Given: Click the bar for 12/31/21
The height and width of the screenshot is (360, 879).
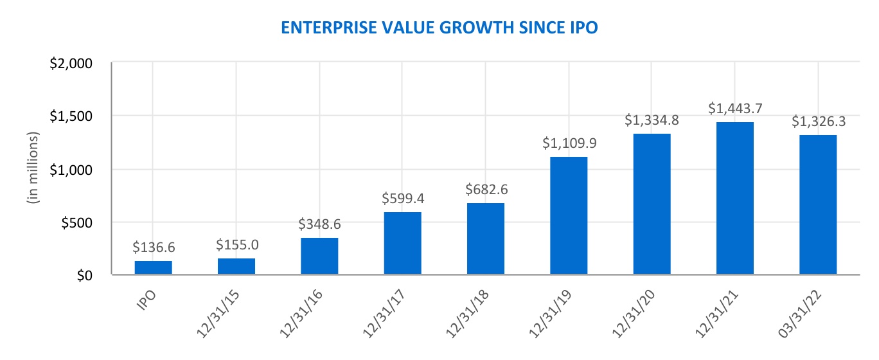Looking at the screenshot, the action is pyautogui.click(x=734, y=198).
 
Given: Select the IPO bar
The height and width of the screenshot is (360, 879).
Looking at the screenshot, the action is pyautogui.click(x=154, y=267).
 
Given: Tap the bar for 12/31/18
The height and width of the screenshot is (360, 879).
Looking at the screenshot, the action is pyautogui.click(x=485, y=239).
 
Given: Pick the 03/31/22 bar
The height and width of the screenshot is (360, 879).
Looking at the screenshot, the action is pyautogui.click(x=818, y=204).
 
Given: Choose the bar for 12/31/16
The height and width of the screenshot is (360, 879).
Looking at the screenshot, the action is pyautogui.click(x=319, y=256).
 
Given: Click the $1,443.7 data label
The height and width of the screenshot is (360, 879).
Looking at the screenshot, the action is pyautogui.click(x=735, y=109).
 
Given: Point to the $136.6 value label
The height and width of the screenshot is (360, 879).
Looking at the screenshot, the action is pyautogui.click(x=154, y=248).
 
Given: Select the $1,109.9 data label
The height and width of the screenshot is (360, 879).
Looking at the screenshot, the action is pyautogui.click(x=569, y=143).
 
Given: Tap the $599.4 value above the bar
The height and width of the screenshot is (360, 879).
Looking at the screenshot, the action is pyautogui.click(x=403, y=199).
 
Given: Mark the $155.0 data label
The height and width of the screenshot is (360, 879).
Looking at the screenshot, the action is pyautogui.click(x=237, y=245).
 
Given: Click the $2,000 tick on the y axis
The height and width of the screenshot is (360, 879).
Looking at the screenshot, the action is pyautogui.click(x=71, y=63).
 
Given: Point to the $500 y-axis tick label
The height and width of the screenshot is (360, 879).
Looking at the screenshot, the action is pyautogui.click(x=77, y=223).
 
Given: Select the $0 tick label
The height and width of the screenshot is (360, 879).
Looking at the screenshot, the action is pyautogui.click(x=84, y=276).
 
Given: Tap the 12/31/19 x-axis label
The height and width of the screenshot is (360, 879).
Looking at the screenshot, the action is pyautogui.click(x=550, y=314).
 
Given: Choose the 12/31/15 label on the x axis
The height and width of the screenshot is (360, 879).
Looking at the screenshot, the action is pyautogui.click(x=218, y=314).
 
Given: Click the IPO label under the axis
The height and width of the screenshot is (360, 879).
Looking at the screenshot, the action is pyautogui.click(x=146, y=301).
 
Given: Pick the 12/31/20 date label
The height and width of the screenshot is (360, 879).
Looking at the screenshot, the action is pyautogui.click(x=634, y=314).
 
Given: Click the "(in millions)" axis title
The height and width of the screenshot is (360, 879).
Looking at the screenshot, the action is pyautogui.click(x=33, y=168).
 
